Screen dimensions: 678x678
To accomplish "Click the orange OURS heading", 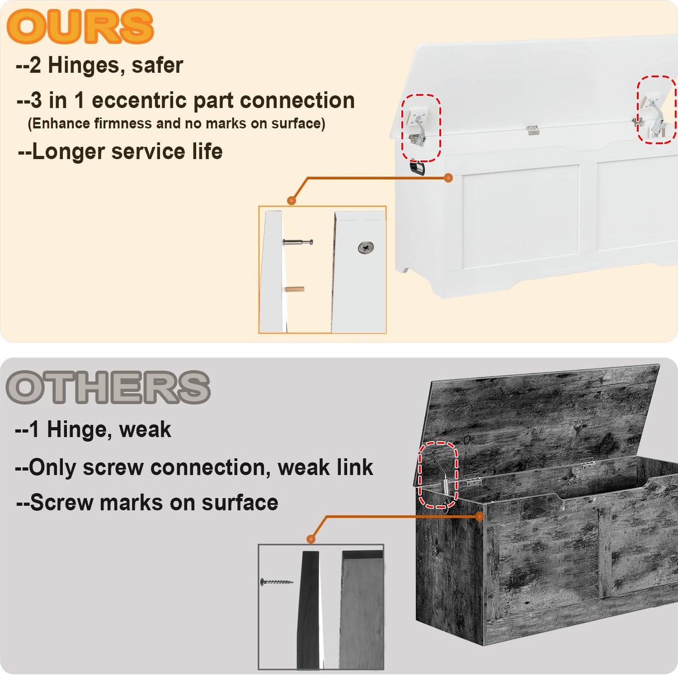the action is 80,27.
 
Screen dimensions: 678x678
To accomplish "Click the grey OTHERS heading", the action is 108,387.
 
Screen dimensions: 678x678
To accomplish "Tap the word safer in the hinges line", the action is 157,65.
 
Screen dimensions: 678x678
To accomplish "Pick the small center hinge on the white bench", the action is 533,130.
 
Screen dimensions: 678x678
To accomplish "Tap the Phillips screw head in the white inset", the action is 366,248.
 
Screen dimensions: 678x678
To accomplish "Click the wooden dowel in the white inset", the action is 295,289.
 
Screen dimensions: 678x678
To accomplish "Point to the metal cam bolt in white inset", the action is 297,242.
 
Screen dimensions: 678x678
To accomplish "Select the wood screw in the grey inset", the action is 276,582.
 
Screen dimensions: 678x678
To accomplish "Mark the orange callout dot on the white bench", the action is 448,178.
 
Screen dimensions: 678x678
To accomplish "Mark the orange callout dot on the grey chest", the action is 479,516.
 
